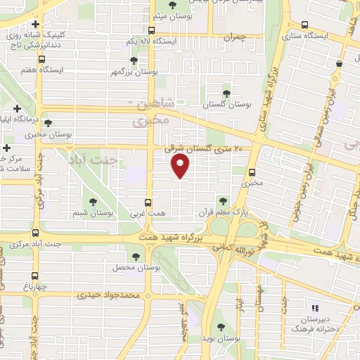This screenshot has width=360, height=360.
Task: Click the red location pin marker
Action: coord(181,167)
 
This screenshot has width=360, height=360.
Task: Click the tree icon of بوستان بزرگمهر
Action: coord(134,61)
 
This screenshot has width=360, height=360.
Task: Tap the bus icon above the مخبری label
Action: coord(252,172)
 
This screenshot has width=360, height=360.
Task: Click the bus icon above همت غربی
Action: coord(148,200)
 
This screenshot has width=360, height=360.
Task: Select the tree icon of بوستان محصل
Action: coord(136,257)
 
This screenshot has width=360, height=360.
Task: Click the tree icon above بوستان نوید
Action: coord(221,326)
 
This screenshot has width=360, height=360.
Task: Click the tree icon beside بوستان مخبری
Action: coord(48,122)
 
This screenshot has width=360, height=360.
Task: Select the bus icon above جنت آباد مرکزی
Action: coord(36,233)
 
